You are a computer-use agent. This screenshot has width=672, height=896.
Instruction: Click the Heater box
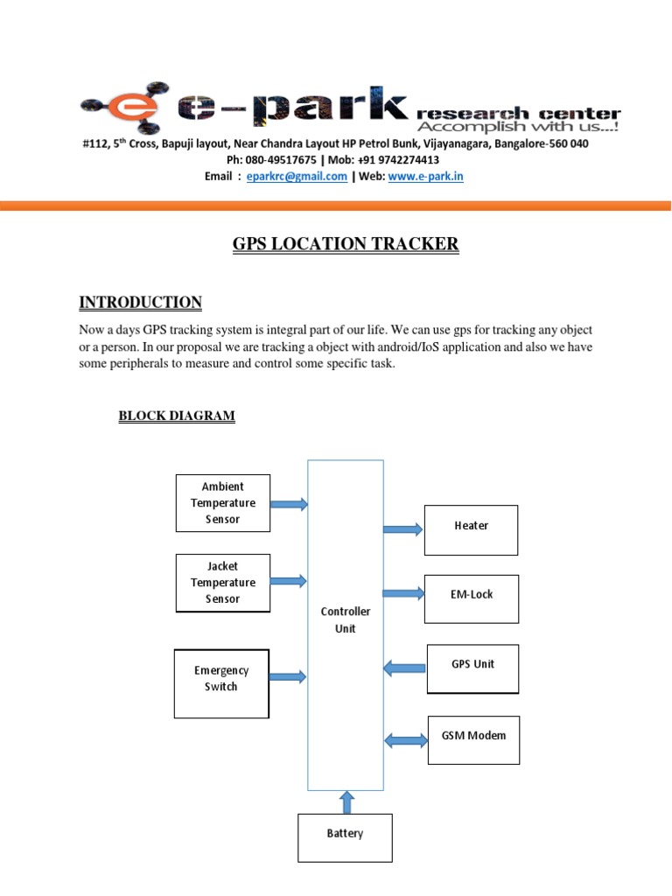pyautogui.click(x=471, y=529)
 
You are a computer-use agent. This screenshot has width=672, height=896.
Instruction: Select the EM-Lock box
pyautogui.click(x=472, y=598)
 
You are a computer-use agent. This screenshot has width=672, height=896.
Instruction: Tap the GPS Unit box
pyautogui.click(x=472, y=668)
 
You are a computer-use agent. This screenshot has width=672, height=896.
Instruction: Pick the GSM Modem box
pyautogui.click(x=473, y=739)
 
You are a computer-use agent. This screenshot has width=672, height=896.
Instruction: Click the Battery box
pyautogui.click(x=345, y=837)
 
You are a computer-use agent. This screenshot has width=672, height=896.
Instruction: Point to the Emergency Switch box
pyautogui.click(x=221, y=682)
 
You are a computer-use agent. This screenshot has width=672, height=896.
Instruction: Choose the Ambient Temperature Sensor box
pyautogui.click(x=223, y=503)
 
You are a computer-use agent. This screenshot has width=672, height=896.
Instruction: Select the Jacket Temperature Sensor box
pyautogui.click(x=223, y=583)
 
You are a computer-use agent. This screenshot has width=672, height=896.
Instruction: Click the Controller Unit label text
pyautogui.click(x=345, y=620)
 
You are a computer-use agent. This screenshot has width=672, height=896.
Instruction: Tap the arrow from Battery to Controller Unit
pyautogui.click(x=346, y=801)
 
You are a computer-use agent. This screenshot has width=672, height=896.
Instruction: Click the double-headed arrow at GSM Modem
pyautogui.click(x=406, y=741)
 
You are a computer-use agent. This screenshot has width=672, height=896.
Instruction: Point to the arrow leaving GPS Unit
pyautogui.click(x=404, y=669)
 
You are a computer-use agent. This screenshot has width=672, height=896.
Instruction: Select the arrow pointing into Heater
pyautogui.click(x=403, y=528)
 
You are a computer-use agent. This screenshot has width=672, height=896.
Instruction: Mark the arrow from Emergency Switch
pyautogui.click(x=289, y=676)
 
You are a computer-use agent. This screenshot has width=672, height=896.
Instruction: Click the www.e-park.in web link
pyautogui.click(x=425, y=176)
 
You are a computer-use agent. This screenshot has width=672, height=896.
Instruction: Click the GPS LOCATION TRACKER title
pyautogui.click(x=345, y=245)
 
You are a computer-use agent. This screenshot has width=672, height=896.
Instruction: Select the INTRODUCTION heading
pyautogui.click(x=140, y=303)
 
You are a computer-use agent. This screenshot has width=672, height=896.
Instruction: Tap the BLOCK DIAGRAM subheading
pyautogui.click(x=177, y=416)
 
